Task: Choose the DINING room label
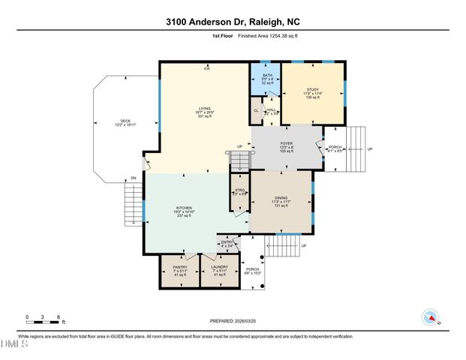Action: (280, 198)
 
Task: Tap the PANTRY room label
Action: (179, 267)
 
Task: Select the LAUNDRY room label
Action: (219, 267)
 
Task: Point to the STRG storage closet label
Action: (239, 190)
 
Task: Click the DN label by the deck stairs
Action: (133, 178)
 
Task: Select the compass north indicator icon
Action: (430, 317)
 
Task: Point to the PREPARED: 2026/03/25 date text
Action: (232, 320)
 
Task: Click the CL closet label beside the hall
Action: (256, 111)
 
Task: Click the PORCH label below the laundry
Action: (253, 268)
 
